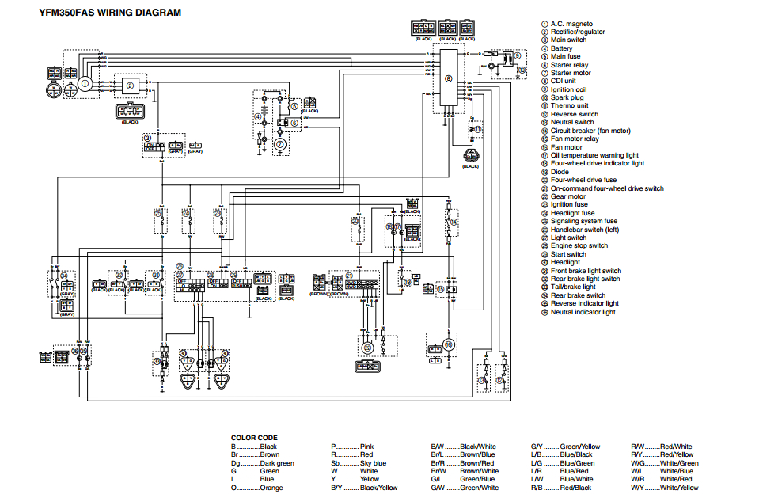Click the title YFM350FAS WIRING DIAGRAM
[x=110, y=13]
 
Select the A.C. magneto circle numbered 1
[x=85, y=83]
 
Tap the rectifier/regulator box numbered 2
[x=130, y=84]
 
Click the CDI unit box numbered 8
[x=448, y=78]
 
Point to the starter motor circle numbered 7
[x=279, y=144]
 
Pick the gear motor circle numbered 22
[x=367, y=348]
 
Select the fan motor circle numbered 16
[x=447, y=344]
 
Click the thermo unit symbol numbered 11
[x=477, y=127]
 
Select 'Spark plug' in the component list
[x=567, y=97]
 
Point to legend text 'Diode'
[x=560, y=172]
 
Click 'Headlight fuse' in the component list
[x=572, y=213]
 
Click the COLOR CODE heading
[x=253, y=437]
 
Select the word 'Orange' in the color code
[x=271, y=488]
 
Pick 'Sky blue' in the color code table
[x=373, y=463]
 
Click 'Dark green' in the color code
[x=276, y=463]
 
